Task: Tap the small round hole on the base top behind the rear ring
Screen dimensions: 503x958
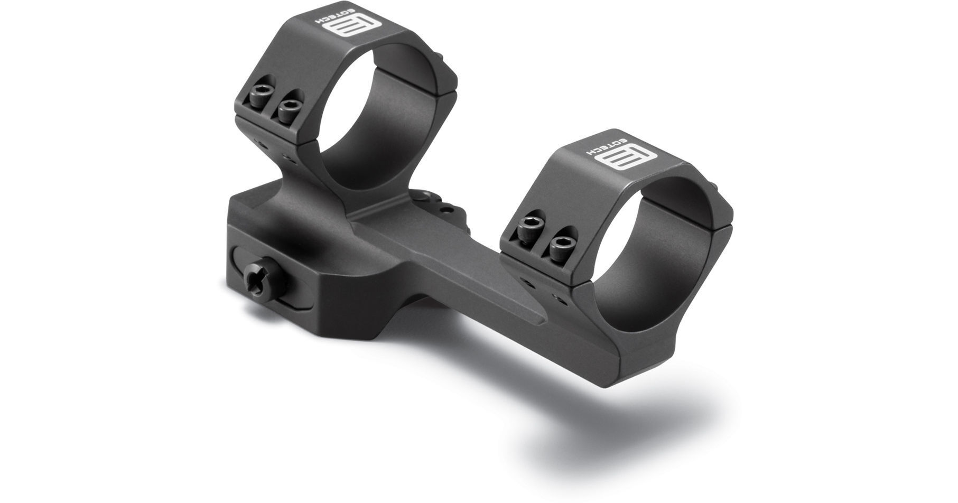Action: point(448,210)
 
